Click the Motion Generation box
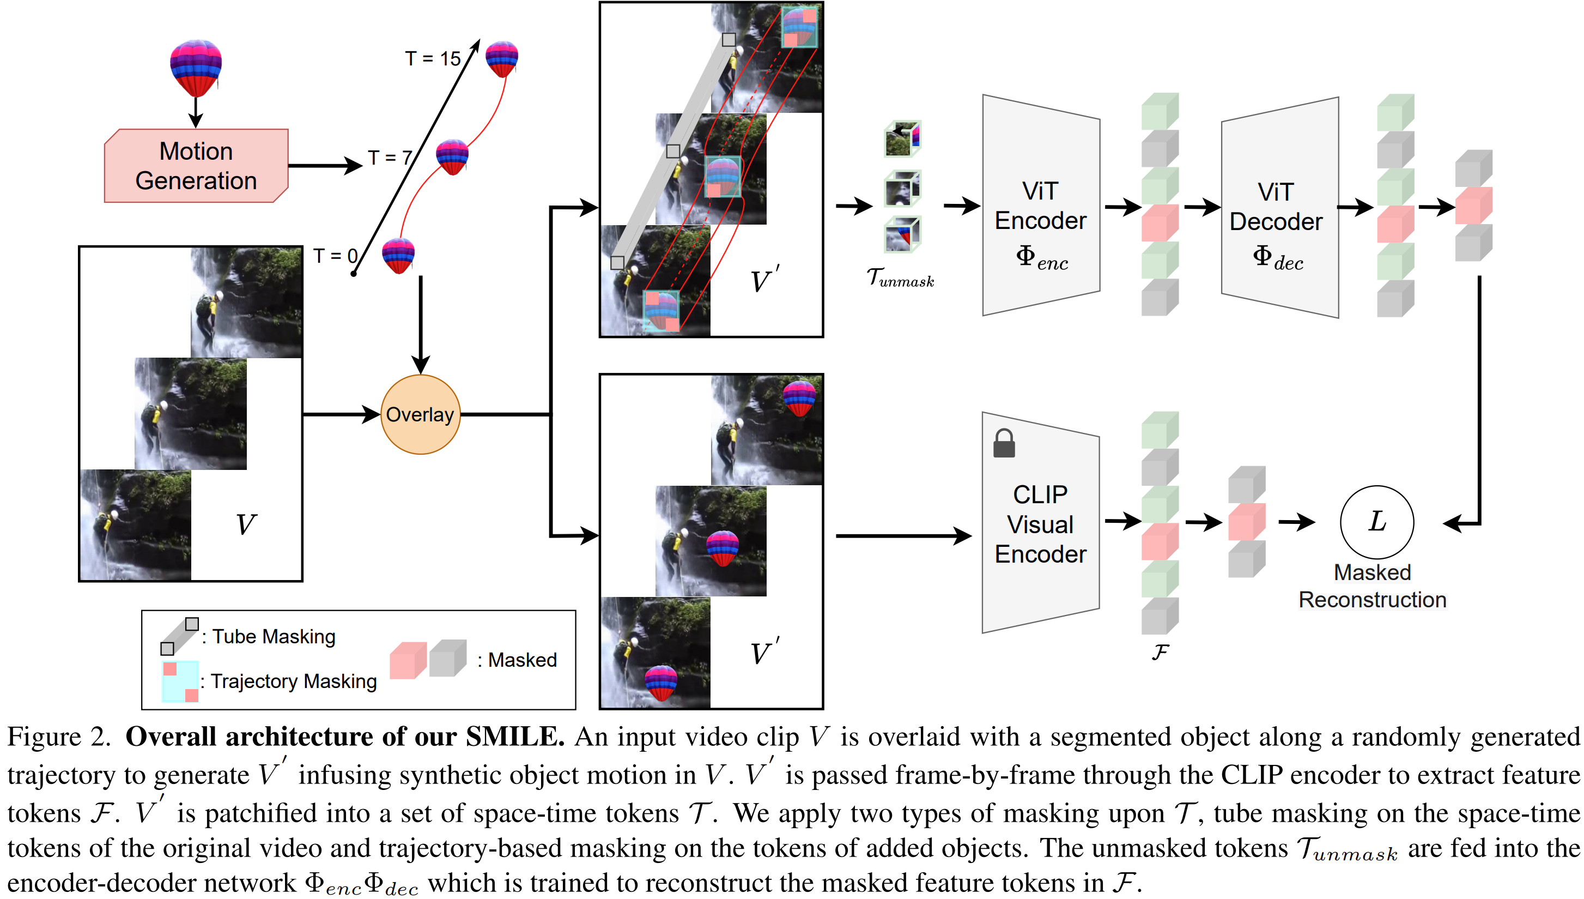[x=196, y=166]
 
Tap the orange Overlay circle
[x=420, y=414]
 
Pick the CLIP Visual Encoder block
[x=1040, y=523]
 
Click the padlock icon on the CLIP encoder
[x=1004, y=443]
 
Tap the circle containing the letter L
[x=1376, y=522]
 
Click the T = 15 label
[x=433, y=59]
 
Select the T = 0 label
[x=335, y=256]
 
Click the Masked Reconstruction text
[x=1373, y=586]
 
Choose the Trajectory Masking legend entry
[x=293, y=681]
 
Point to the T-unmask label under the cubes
[x=900, y=278]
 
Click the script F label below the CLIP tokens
[x=1160, y=652]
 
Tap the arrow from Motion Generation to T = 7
[x=325, y=166]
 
